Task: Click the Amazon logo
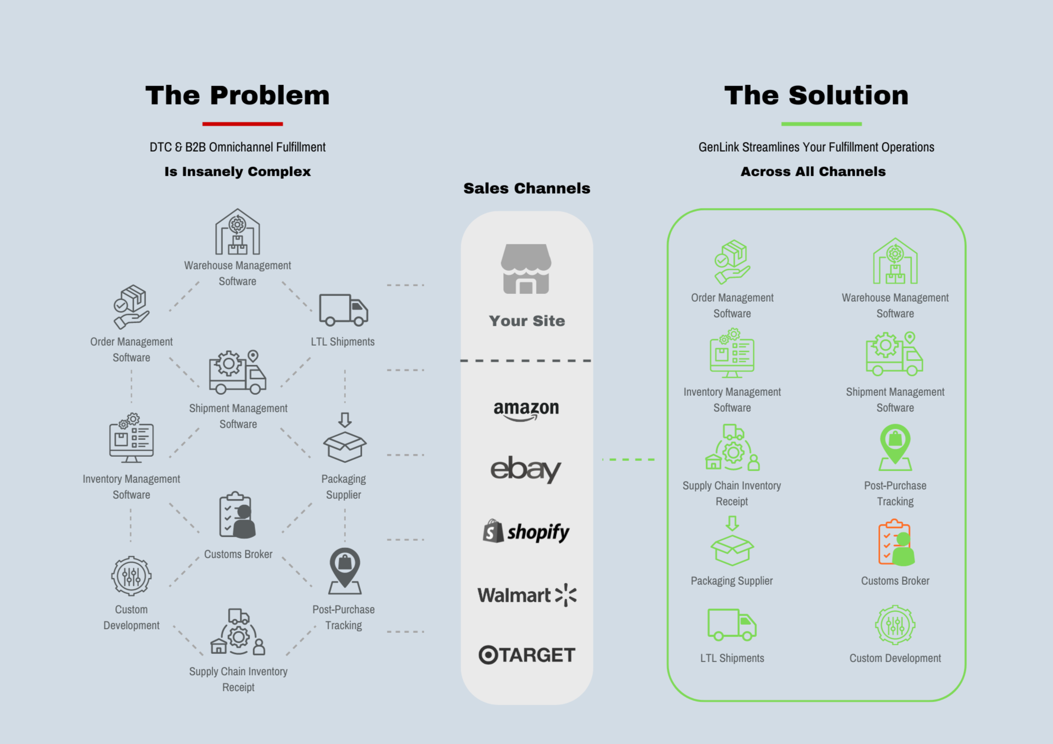coord(526,410)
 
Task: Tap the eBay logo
coord(526,469)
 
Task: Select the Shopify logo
coord(526,532)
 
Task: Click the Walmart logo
coord(527,595)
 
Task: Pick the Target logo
coord(527,655)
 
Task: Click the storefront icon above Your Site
coord(526,269)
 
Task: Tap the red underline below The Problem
coord(242,124)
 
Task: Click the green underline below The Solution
coord(821,124)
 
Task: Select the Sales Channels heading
coord(527,188)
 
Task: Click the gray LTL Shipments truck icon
coord(343,310)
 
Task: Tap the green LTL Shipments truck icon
coord(732,624)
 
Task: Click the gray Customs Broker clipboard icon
coord(237,515)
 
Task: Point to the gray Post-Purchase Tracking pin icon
coord(345,570)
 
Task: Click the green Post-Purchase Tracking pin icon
coord(895,447)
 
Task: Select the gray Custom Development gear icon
coord(131,576)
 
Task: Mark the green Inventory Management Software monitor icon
coord(732,353)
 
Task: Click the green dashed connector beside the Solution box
coord(629,459)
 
